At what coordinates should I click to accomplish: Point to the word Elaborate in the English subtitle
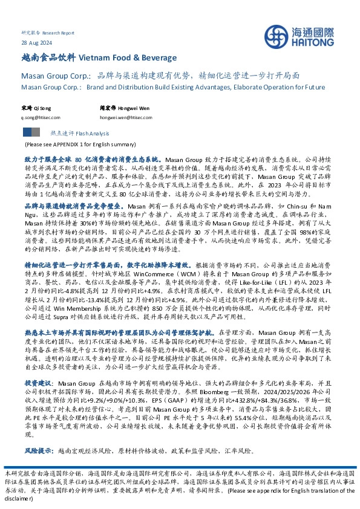coord(250,87)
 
